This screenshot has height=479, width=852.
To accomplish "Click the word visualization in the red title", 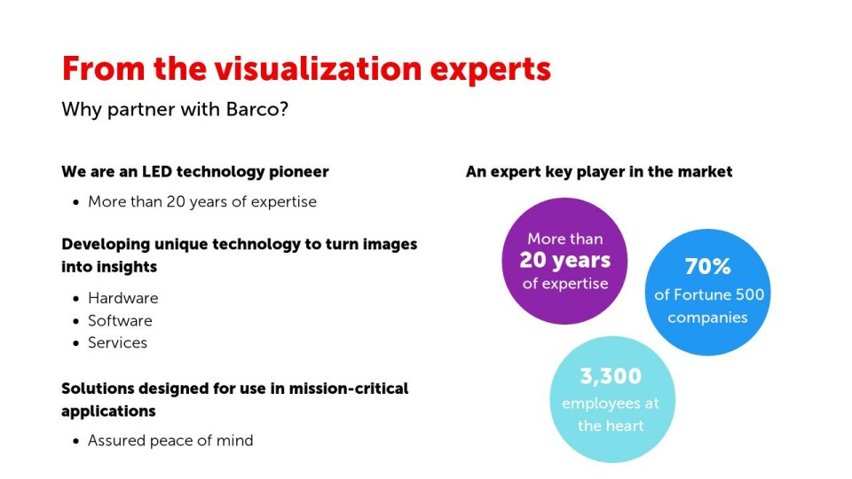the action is (x=318, y=69).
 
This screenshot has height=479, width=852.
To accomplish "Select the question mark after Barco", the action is (x=282, y=109).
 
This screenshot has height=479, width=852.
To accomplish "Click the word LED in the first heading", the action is (x=157, y=171).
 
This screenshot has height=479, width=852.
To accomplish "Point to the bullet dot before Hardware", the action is (x=75, y=299).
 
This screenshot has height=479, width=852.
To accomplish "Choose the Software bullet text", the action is (x=120, y=320).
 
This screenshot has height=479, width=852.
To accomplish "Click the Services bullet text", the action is (x=117, y=342).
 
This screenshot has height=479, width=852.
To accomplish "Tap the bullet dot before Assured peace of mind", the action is (x=75, y=441).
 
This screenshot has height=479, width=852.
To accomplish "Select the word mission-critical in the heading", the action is (x=348, y=389).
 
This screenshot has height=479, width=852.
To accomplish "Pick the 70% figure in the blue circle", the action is (x=707, y=266).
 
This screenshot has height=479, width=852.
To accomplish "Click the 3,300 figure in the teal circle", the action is (x=611, y=376).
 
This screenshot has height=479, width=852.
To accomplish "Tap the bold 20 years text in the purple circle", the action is (x=565, y=261).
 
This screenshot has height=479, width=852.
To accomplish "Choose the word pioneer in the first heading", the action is (x=299, y=172).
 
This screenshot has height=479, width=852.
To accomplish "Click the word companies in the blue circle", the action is (x=707, y=318).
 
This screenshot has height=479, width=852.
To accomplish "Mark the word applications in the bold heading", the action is (x=108, y=412).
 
